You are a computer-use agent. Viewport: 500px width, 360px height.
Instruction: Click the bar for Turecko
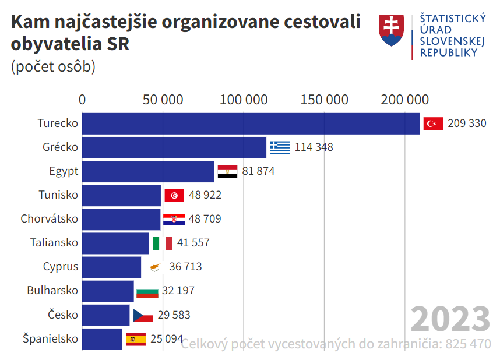pyautogui.click(x=251, y=123)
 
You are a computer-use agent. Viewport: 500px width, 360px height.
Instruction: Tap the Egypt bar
pyautogui.click(x=148, y=171)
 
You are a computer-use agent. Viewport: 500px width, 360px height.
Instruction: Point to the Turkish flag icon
pyautogui.click(x=433, y=123)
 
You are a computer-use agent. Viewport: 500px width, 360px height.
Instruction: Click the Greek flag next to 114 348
pyautogui.click(x=280, y=147)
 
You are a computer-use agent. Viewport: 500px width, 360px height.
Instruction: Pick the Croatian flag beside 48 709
pyautogui.click(x=174, y=219)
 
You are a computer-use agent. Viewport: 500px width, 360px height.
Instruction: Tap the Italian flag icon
pyautogui.click(x=162, y=243)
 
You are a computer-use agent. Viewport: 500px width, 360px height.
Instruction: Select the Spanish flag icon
pyautogui.click(x=136, y=339)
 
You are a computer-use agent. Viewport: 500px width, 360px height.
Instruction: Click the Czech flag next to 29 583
pyautogui.click(x=143, y=315)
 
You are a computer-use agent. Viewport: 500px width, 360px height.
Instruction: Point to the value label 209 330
pyautogui.click(x=467, y=123)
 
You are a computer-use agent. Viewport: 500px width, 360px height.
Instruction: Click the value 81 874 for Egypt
pyautogui.click(x=258, y=171)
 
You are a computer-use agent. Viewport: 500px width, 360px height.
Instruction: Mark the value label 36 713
pyautogui.click(x=185, y=267)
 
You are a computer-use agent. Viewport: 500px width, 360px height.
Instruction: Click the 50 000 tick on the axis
pyautogui.click(x=163, y=100)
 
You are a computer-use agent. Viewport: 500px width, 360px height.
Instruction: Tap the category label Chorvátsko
pyautogui.click(x=49, y=219)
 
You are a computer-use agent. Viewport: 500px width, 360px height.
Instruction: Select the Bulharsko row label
pyautogui.click(x=52, y=291)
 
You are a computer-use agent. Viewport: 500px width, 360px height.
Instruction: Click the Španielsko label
pyautogui.click(x=50, y=338)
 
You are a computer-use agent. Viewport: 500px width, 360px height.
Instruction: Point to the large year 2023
pyautogui.click(x=450, y=319)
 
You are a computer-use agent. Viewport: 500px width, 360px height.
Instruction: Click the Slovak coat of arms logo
pyautogui.click(x=392, y=31)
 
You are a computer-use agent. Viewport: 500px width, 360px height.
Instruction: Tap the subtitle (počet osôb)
pyautogui.click(x=53, y=66)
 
